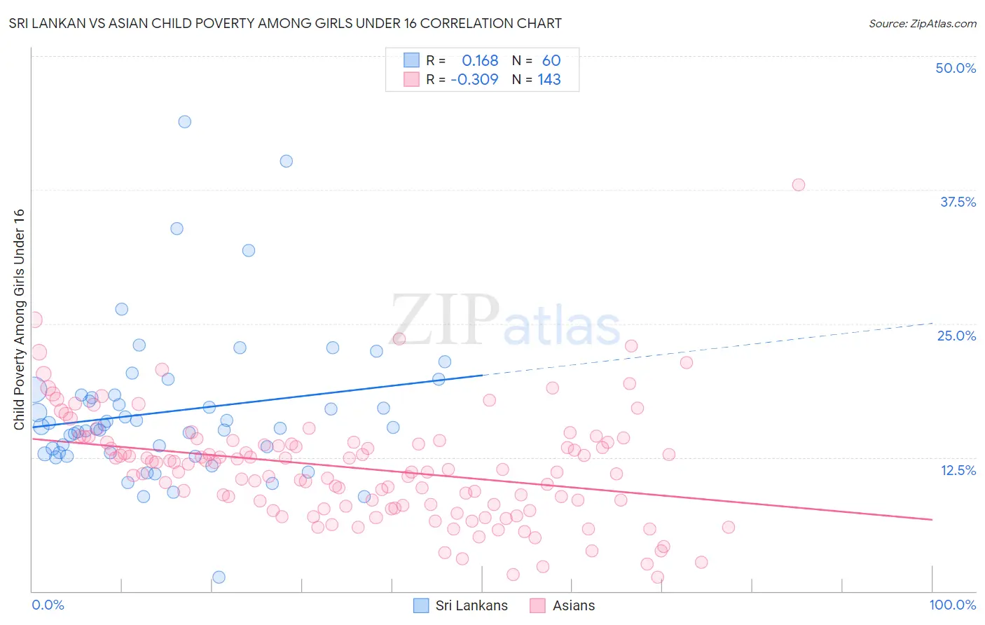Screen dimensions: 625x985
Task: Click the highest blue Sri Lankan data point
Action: tap(184, 122)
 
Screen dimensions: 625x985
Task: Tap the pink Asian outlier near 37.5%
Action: tap(798, 185)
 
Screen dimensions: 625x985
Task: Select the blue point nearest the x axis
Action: tap(219, 577)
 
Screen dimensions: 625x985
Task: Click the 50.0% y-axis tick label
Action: tap(956, 68)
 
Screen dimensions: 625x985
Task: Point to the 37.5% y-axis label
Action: tap(958, 202)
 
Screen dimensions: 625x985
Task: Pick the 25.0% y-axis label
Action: tap(956, 336)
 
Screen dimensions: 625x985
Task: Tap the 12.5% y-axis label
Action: tap(958, 470)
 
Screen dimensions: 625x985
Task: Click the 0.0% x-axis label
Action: tap(48, 605)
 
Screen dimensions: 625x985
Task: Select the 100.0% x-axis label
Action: tap(952, 605)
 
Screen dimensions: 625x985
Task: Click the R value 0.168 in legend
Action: tap(480, 61)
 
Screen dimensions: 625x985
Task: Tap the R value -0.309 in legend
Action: tap(474, 80)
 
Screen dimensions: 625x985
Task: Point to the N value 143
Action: tap(549, 80)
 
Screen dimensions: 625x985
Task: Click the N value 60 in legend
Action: tap(551, 61)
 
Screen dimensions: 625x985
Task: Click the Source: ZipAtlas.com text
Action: tap(922, 24)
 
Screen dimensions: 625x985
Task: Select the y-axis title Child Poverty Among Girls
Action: tap(19, 319)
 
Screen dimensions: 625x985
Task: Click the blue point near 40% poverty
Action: tap(286, 161)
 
